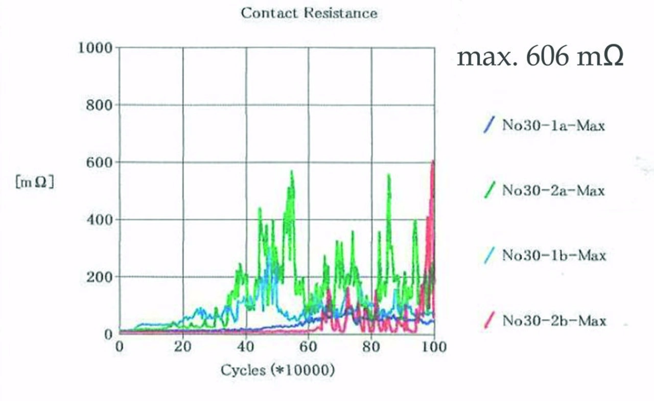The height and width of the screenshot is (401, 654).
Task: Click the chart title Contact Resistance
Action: tap(309, 13)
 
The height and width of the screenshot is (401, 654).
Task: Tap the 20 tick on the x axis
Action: tap(182, 347)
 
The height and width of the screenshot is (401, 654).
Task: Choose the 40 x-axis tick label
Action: tap(246, 347)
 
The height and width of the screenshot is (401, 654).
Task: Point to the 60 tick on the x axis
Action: tap(308, 347)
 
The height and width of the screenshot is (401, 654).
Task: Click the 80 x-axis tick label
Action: tap(371, 347)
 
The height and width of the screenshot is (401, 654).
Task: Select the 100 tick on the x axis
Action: tap(434, 347)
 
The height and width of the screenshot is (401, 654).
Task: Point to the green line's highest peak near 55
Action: tap(292, 171)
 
